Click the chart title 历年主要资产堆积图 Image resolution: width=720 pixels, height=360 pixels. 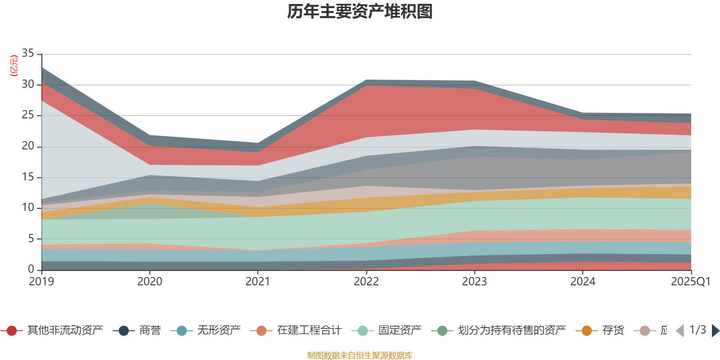coord(360,12)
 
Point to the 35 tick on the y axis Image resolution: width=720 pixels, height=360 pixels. coord(28,54)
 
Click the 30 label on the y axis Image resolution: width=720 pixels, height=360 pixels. coord(28,85)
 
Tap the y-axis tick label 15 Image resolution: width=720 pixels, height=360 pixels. coord(28,177)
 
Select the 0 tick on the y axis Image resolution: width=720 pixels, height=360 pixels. coord(31,269)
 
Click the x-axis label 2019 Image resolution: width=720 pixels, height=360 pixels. coord(41,282)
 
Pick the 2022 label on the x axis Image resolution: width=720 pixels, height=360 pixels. coord(366,282)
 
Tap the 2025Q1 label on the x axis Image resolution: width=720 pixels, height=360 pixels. coord(690,282)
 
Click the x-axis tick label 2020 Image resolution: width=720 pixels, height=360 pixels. coord(149,282)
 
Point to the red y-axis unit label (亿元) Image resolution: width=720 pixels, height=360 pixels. coord(14,66)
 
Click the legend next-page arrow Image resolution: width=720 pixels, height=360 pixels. coord(715,331)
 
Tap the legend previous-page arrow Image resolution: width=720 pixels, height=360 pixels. coord(680,331)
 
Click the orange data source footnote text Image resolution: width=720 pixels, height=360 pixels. coord(360,355)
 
